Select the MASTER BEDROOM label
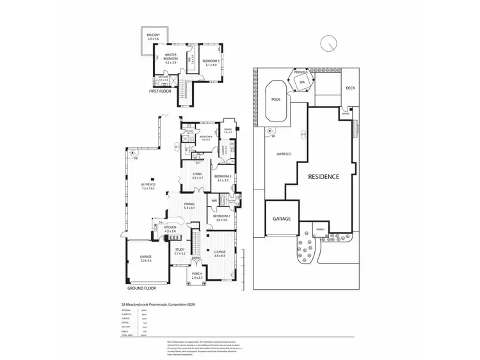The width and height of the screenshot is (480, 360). (x=170, y=58)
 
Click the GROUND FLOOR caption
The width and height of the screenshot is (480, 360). (x=141, y=290)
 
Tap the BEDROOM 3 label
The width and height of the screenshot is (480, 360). (x=223, y=178)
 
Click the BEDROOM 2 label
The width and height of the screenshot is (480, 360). (x=223, y=218)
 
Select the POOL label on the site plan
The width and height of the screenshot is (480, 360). (x=276, y=100)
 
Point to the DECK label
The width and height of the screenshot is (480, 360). (x=350, y=88)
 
